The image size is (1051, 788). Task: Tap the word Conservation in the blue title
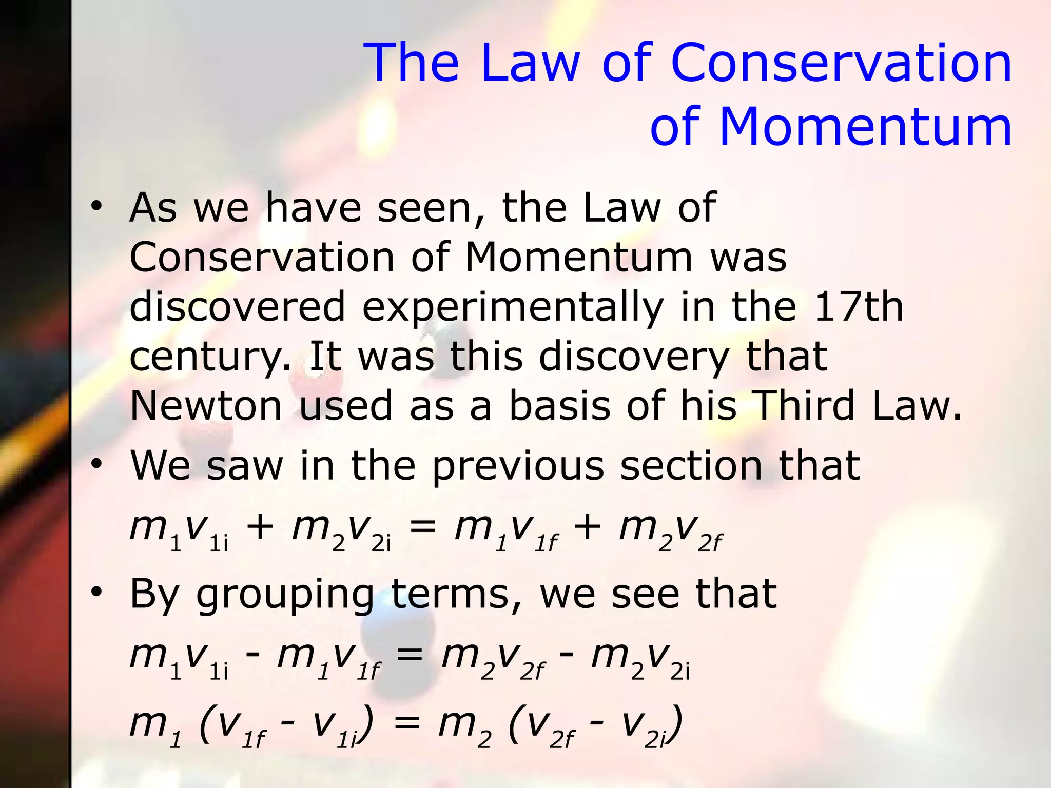(x=841, y=63)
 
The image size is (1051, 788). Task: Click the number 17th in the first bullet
(x=858, y=306)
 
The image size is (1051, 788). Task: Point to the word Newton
(x=206, y=405)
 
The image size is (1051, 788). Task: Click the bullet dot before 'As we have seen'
(x=96, y=207)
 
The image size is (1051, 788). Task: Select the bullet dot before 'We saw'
(x=96, y=465)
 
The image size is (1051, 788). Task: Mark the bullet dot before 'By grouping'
(x=96, y=593)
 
